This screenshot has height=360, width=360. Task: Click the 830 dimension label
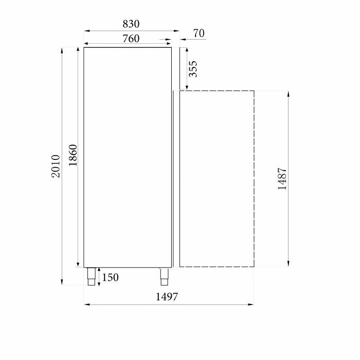[131, 24]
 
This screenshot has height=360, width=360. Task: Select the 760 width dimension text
[131, 39]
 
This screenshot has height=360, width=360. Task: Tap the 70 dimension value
[199, 33]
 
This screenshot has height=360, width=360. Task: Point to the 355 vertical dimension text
[193, 69]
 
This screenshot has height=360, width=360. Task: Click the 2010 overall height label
[56, 166]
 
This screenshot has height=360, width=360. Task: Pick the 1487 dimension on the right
[282, 178]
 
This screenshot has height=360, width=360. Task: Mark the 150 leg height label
[110, 278]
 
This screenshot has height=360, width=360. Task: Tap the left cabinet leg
[91, 276]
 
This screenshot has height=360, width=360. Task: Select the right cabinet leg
[164, 276]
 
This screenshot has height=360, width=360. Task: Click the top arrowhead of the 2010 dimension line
[63, 49]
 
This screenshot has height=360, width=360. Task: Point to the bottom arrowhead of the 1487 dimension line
[289, 264]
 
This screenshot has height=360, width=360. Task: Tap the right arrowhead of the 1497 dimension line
[251, 304]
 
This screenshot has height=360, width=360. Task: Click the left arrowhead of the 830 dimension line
[86, 31]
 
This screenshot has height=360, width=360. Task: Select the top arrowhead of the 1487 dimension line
[289, 94]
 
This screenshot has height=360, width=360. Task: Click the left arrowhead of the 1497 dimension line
[86, 304]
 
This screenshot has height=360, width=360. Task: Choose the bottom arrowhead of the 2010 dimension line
[63, 283]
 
